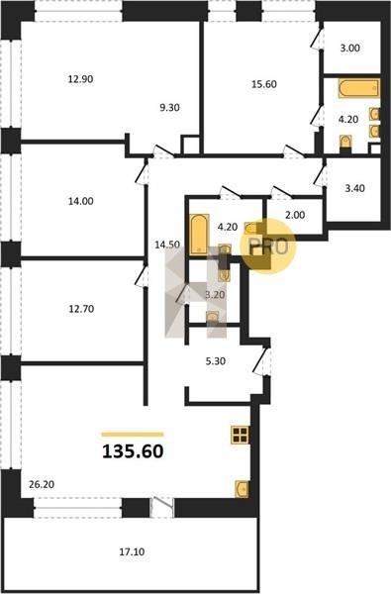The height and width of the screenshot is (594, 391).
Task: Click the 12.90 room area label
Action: pos(80,79)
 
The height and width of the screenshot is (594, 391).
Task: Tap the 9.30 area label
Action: pos(169,108)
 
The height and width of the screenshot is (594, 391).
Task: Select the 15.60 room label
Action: pos(264,84)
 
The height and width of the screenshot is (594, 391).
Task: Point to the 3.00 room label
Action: pos(349,49)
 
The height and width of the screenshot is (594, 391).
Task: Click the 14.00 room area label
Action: pos(81,201)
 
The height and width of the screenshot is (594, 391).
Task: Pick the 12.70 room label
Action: pos(81,309)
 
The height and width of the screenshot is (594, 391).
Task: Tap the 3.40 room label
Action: pos(354,188)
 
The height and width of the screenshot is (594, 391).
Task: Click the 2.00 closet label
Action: pos(295,215)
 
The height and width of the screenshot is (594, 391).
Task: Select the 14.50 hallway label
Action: pos(167,245)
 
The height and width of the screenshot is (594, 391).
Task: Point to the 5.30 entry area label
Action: pos(215,361)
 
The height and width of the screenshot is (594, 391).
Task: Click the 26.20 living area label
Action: pos(42,484)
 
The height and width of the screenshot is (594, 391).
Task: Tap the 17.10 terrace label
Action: pos(132,552)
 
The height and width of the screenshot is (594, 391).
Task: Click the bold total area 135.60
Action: pos(133,451)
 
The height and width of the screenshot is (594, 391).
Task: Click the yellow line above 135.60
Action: pos(133,435)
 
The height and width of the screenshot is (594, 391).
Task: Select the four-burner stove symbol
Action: pos(241,435)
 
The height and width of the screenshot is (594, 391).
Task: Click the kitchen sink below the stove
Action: pos(243,489)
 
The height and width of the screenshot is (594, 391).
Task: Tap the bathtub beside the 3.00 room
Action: pos(358,89)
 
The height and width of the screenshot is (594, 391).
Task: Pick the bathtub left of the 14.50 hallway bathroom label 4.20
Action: pos(199,234)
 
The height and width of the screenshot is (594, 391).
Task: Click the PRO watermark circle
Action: pos(268,246)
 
